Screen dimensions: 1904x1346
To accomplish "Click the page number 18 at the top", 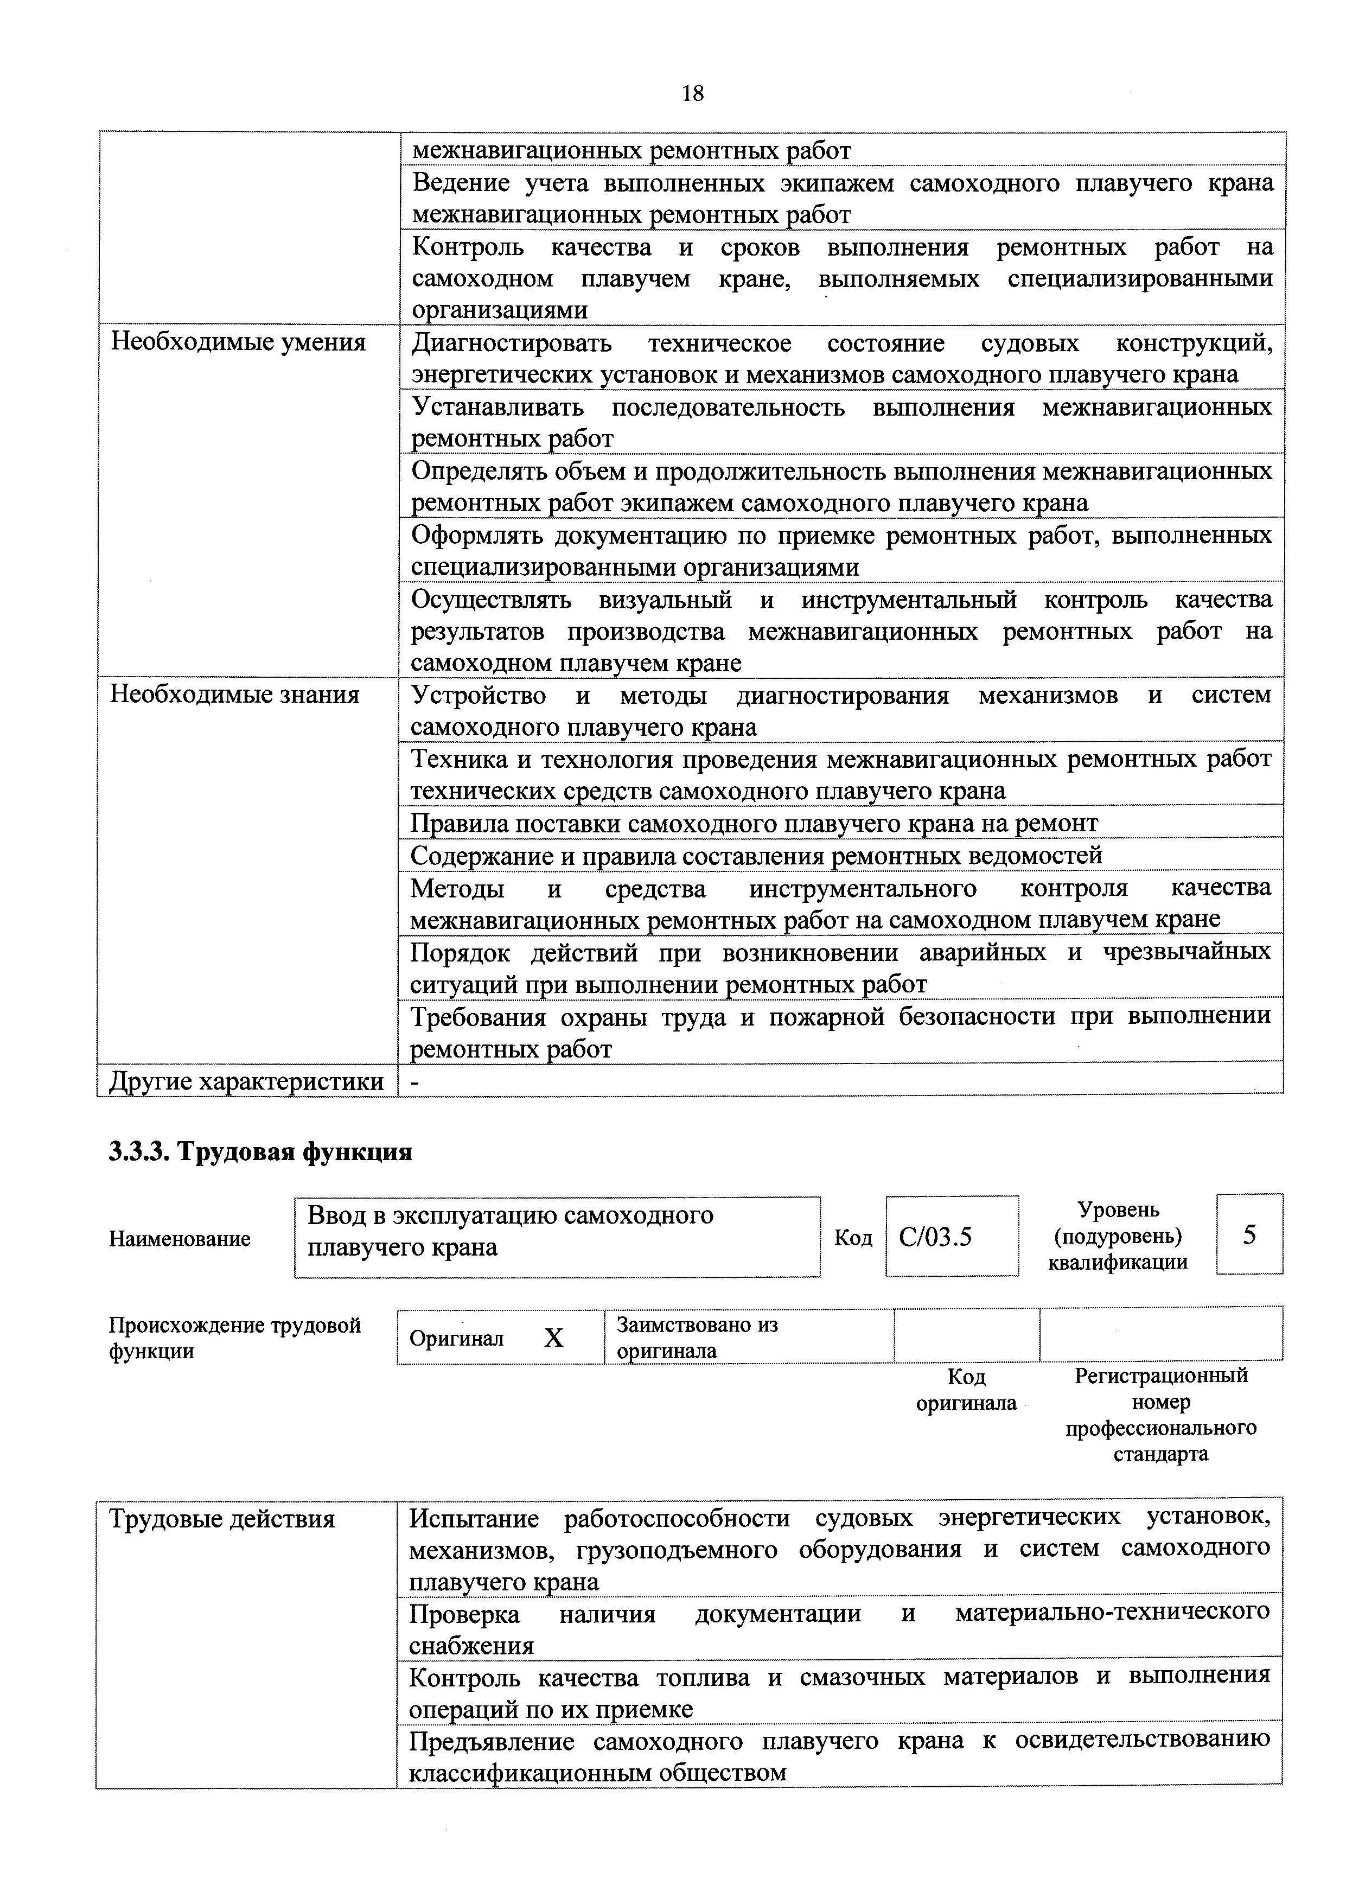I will (x=692, y=93).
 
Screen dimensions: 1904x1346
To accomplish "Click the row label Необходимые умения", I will (x=238, y=342).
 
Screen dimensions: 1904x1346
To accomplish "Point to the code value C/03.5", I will (x=935, y=1237).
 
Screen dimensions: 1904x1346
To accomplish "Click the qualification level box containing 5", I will (x=1249, y=1236).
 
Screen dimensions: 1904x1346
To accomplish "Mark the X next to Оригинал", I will (x=553, y=1338).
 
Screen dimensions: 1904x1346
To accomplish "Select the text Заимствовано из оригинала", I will (x=697, y=1337).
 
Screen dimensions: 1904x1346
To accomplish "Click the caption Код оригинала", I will (x=966, y=1390).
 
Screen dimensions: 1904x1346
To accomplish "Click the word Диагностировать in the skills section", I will (x=512, y=342).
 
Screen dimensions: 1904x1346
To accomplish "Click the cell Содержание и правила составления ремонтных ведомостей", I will (x=756, y=855).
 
